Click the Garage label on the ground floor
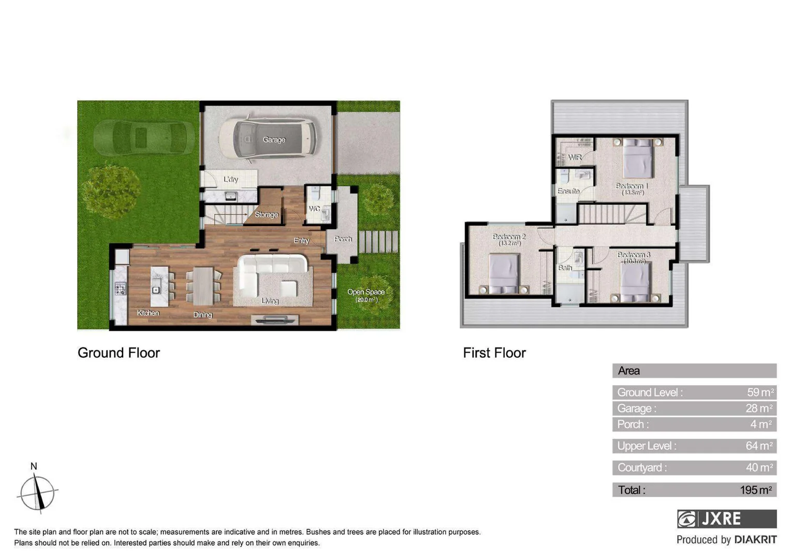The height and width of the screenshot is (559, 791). tap(274, 140)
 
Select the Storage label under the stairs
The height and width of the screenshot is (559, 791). tap(266, 214)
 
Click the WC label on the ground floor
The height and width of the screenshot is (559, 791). tap(314, 209)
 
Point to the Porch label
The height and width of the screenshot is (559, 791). tap(343, 239)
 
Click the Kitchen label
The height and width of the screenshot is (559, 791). tap(148, 313)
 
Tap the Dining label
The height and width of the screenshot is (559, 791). tap(202, 315)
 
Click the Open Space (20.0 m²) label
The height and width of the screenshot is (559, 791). tap(366, 295)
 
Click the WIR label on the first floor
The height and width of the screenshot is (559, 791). tap(575, 157)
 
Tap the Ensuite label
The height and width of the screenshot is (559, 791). tap(568, 191)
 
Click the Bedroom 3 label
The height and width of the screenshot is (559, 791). tap(633, 255)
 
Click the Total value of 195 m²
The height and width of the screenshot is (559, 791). tap(755, 490)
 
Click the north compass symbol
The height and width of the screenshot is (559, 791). tap(37, 492)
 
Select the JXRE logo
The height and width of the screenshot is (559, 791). tap(726, 519)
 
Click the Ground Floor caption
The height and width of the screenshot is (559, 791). tap(119, 353)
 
